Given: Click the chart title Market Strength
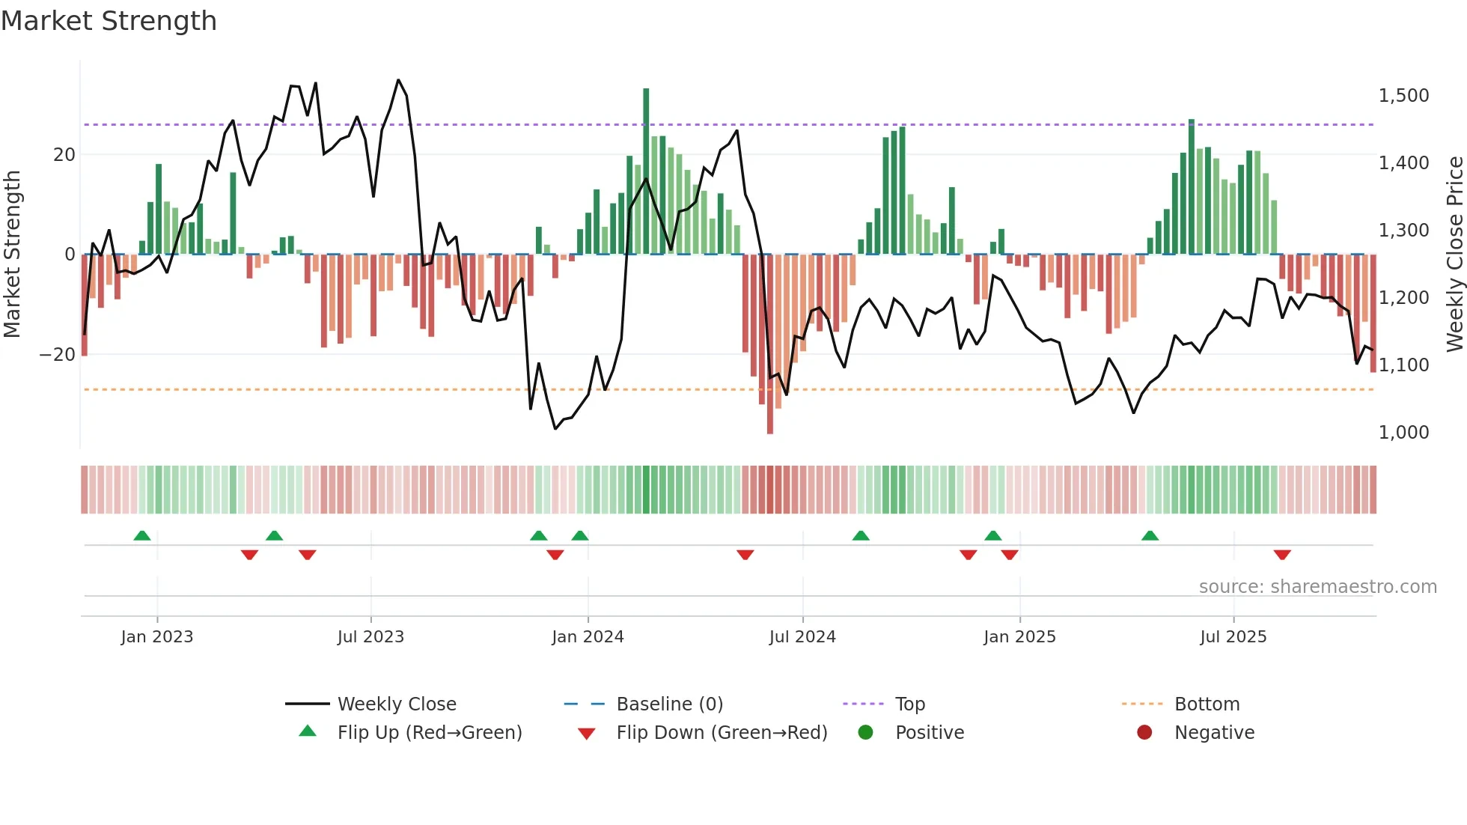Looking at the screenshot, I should (x=109, y=21).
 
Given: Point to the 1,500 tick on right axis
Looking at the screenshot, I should (x=1403, y=96).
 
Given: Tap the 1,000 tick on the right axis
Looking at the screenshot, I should (x=1403, y=433).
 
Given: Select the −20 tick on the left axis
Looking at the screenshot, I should (x=58, y=355).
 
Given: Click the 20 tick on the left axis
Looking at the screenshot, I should (x=64, y=155).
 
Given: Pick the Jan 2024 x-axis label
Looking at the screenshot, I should (x=588, y=637).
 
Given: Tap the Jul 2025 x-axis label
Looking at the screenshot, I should (x=1233, y=637).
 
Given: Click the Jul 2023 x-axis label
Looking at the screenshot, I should (x=370, y=637).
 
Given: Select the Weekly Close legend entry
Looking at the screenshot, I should (x=396, y=704).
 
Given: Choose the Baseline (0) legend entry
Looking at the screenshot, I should (x=669, y=704).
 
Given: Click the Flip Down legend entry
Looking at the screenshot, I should (x=722, y=733).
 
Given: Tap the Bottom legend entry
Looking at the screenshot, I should (x=1207, y=704).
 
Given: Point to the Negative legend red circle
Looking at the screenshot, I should (x=1144, y=732).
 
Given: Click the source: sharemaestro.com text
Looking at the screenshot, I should (x=1317, y=587).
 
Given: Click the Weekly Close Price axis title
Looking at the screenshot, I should (x=1454, y=255).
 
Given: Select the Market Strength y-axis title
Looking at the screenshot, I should (x=12, y=255).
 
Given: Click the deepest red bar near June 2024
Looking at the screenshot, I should (x=769, y=344).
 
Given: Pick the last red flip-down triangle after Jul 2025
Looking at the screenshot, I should (x=1282, y=555).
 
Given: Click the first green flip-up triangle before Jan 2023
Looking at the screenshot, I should (x=142, y=535).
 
